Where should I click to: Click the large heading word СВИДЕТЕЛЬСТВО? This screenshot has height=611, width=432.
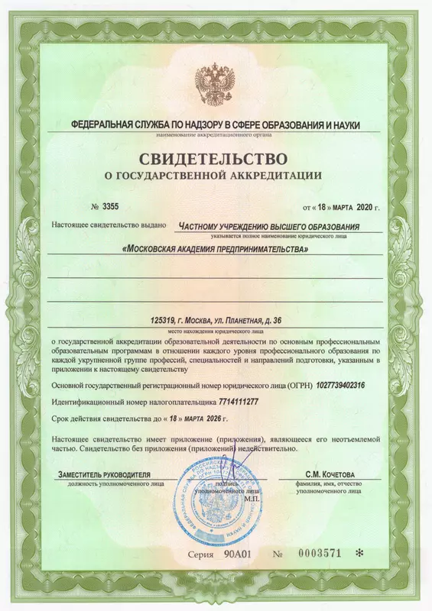coord(215,160)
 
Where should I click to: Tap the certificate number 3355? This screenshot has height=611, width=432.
coord(112,206)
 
